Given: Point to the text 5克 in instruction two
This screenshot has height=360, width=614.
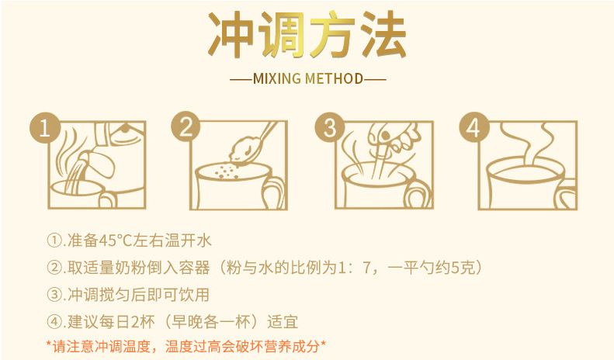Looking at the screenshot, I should coord(467,268).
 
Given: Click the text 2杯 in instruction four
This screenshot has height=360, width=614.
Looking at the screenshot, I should coord(139,322).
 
